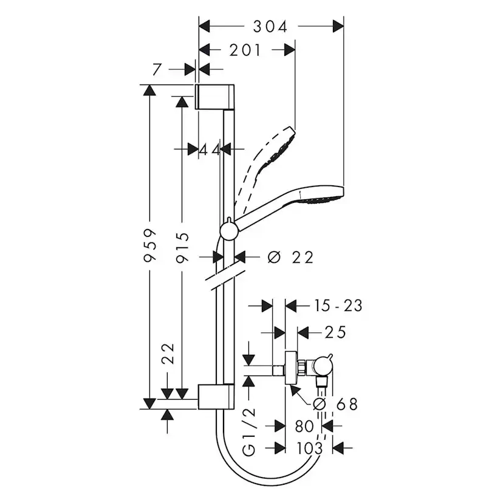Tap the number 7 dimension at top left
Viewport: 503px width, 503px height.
click(157, 70)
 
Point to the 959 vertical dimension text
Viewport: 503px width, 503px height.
click(149, 245)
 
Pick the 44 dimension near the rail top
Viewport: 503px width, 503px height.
click(210, 149)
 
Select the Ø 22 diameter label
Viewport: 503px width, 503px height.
click(290, 258)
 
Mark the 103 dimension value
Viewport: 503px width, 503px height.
click(310, 448)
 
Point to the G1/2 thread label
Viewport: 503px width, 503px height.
click(249, 433)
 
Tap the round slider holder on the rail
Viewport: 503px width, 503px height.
click(228, 231)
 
